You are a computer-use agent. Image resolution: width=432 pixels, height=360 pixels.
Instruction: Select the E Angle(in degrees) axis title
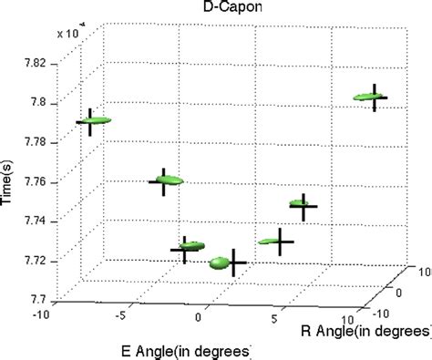[x=180, y=349]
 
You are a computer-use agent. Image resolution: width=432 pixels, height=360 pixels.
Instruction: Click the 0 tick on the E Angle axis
[x=199, y=320]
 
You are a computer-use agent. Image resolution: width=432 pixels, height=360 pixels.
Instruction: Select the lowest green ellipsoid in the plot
[x=220, y=264]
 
